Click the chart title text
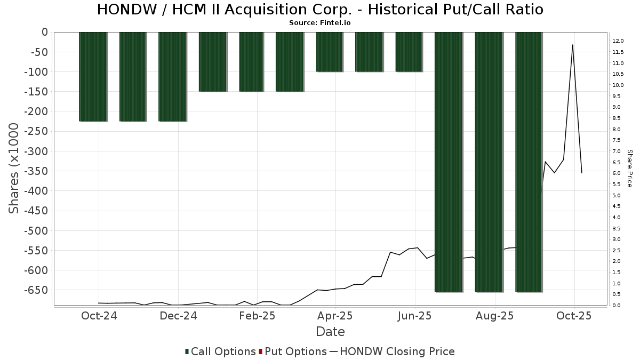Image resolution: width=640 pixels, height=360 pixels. (320, 10)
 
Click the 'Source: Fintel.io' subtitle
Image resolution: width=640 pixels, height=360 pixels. (320, 23)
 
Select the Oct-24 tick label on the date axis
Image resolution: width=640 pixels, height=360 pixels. (99, 316)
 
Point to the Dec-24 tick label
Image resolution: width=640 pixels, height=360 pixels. (179, 316)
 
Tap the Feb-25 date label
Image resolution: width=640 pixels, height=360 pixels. (257, 316)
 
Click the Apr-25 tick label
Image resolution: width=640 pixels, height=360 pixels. (335, 316)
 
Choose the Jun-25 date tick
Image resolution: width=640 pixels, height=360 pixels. (415, 316)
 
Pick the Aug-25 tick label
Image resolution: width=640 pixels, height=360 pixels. (495, 316)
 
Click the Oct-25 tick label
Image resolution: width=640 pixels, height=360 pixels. (574, 316)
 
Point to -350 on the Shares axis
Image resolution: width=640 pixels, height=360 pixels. (36, 171)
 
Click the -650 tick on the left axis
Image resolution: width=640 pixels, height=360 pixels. (36, 290)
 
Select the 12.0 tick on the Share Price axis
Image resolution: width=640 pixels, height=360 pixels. (618, 41)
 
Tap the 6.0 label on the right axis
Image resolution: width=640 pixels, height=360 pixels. (616, 173)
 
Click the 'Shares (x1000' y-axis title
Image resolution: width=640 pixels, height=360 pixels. (14, 168)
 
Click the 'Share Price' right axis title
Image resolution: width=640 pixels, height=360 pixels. (629, 168)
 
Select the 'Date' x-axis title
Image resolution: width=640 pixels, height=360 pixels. (330, 332)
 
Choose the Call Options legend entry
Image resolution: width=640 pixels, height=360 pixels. (220, 351)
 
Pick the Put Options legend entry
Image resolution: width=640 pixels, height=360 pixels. (293, 351)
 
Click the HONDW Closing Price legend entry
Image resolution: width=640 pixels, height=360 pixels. (393, 351)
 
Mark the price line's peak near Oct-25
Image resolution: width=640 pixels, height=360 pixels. (573, 45)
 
